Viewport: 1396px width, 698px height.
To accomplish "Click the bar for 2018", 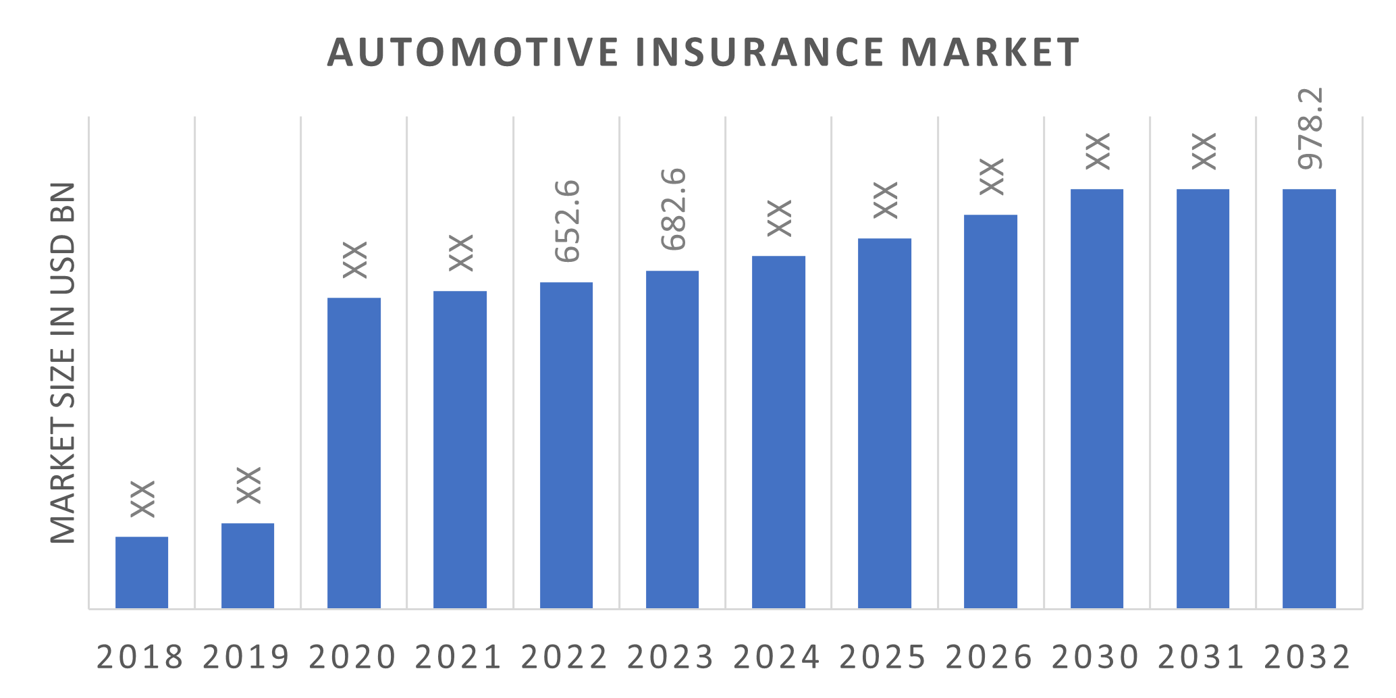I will tap(142, 572).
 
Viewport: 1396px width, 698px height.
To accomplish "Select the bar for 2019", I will tap(248, 566).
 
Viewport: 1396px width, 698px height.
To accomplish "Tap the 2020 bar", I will tap(354, 452).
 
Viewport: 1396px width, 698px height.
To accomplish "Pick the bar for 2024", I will tap(778, 432).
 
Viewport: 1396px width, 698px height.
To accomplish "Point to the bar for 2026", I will tap(990, 412).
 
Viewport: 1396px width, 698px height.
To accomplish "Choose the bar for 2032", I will tap(1309, 398).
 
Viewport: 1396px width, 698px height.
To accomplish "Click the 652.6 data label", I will tap(567, 221).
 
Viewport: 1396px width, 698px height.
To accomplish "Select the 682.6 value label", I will tap(673, 209).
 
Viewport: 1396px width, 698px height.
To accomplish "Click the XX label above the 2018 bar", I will tap(142, 499).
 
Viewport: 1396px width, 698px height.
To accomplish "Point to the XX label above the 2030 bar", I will tap(1097, 151).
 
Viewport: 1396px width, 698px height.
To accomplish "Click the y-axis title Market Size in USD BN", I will tap(63, 363).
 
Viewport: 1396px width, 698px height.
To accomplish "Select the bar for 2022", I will tap(566, 446).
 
